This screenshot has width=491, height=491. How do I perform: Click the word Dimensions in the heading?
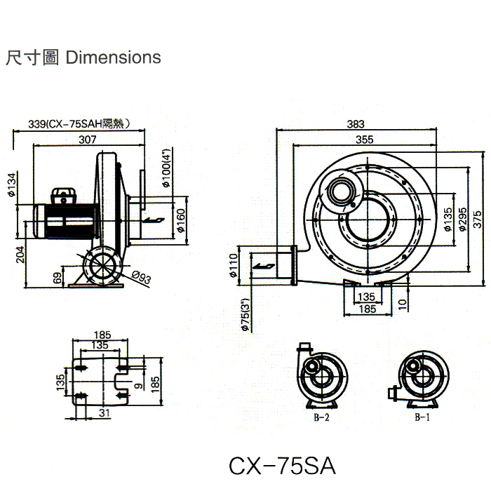point(113,58)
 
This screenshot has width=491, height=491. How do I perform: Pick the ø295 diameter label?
point(463,217)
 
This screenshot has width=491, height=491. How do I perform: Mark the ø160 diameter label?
point(180,221)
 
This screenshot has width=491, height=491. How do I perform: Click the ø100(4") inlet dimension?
point(166,168)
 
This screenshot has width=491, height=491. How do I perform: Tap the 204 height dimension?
point(20,253)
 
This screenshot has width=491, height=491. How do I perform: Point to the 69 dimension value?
point(56,277)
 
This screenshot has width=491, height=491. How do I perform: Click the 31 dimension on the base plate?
point(105,414)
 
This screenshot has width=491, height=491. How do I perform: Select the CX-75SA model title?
point(282,465)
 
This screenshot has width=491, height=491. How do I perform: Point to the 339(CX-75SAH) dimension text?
point(79,123)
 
